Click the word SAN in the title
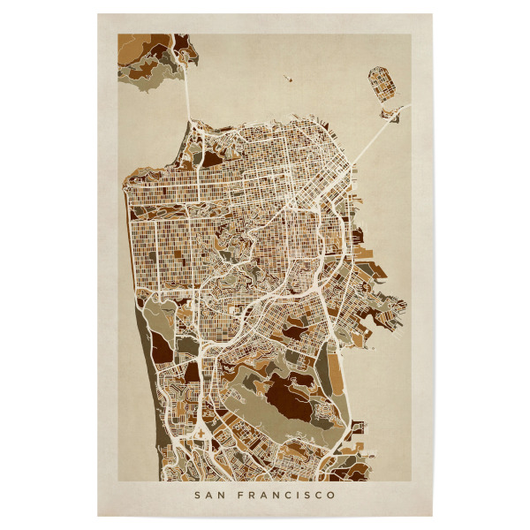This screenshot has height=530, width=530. click(x=208, y=496)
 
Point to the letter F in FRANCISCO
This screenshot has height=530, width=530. click(x=238, y=496)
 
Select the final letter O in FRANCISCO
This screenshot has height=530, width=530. click(x=331, y=496)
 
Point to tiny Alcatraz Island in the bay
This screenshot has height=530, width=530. click(x=289, y=77)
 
